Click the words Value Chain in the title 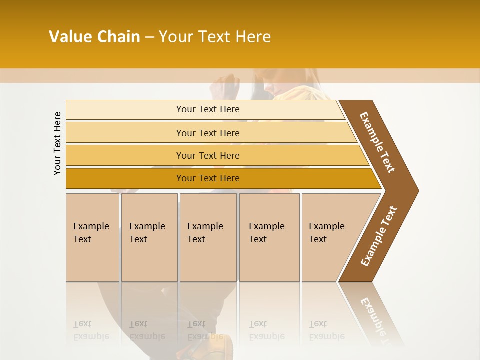tap(94, 37)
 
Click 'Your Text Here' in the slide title tap(215, 37)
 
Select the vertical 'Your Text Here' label tap(57, 143)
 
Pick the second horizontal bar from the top tap(207, 133)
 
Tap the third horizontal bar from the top tap(207, 155)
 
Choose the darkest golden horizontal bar tap(207, 178)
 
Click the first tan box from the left tap(92, 237)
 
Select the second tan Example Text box tap(149, 237)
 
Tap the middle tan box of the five tap(208, 237)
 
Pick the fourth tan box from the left tap(269, 237)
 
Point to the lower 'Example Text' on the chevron tap(379, 236)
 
